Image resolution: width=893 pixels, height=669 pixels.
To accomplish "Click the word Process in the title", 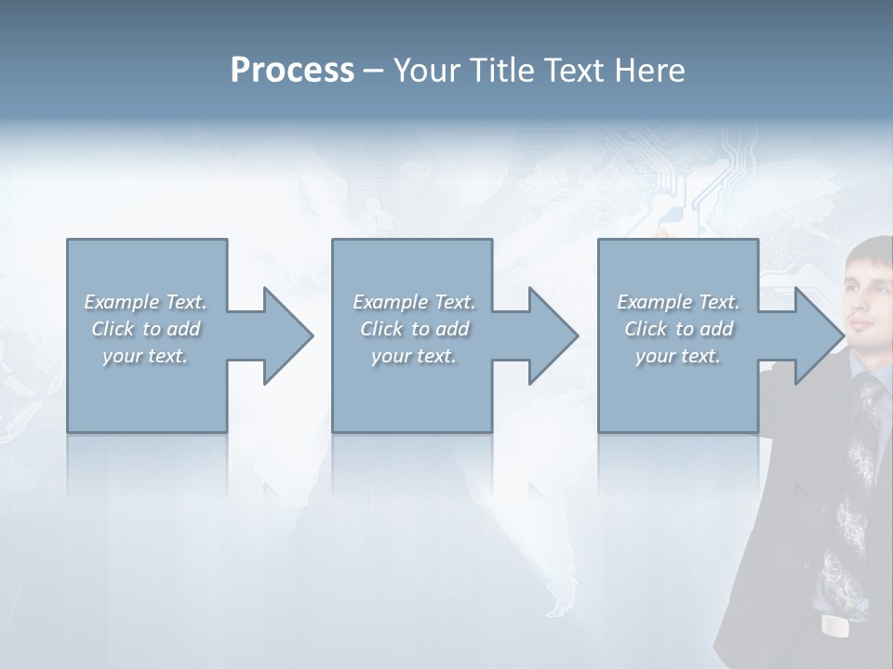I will [x=292, y=71].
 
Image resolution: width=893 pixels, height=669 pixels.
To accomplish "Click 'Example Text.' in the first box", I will [x=145, y=302].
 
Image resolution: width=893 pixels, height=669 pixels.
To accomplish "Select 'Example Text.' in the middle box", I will [x=414, y=302].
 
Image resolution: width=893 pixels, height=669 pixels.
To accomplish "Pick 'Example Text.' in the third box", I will [x=678, y=302].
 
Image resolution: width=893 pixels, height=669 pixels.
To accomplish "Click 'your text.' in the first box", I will [x=145, y=356].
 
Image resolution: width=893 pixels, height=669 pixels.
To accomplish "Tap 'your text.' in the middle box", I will [x=414, y=356].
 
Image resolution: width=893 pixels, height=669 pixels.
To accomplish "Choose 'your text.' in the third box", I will [x=678, y=356].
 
